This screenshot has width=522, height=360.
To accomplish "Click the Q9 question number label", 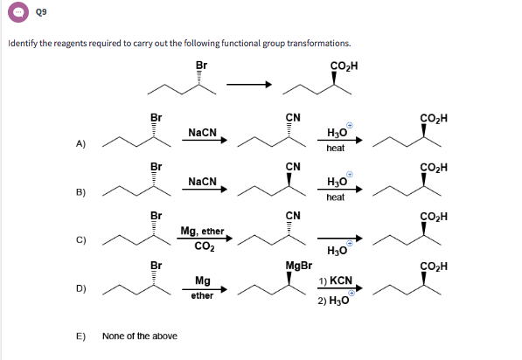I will (x=38, y=14).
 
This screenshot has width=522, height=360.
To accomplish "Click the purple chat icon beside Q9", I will (x=15, y=14).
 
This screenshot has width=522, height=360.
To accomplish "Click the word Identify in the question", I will (x=23, y=43).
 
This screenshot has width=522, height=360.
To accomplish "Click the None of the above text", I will (x=139, y=336).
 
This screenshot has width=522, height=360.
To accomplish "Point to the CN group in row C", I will (x=293, y=215).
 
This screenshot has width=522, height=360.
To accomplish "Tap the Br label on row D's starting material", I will (x=156, y=264).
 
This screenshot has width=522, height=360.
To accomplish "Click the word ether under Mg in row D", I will (x=202, y=295).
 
